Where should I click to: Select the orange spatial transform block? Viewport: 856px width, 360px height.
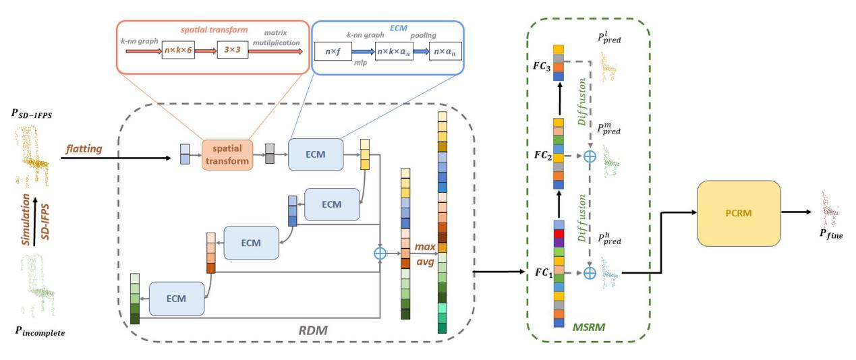(227, 154)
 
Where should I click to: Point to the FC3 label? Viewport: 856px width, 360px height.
(543, 70)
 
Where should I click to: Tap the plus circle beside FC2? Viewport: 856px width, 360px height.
(590, 156)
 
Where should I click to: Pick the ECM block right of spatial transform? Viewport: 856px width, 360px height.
(315, 154)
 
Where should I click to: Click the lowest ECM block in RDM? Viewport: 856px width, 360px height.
(177, 297)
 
